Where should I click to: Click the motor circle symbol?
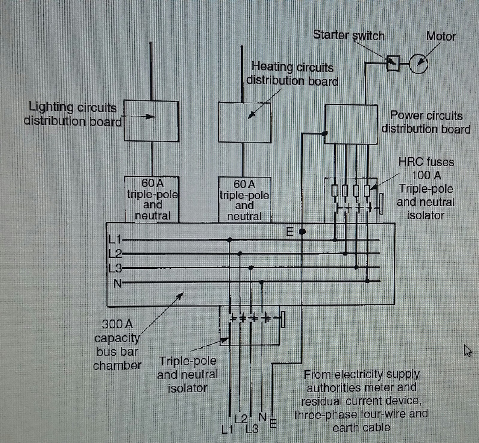coord(418,63)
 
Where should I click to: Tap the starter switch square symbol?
coord(393,63)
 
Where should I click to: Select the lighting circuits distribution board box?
coord(151,121)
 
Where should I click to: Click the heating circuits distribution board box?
coord(244,123)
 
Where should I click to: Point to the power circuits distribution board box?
coord(351,124)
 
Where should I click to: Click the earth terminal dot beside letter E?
coord(302,232)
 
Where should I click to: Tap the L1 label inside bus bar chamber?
coord(115,240)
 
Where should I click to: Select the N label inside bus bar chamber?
coord(117,283)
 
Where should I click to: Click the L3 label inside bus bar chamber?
coord(115,268)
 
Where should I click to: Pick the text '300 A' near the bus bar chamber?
coord(117,324)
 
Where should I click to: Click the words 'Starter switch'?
coord(349,35)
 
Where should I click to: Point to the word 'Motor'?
coord(441,37)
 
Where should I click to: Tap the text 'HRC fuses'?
coord(426,162)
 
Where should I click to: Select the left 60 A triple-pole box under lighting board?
coord(152,199)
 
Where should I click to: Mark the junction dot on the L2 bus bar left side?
coord(239,254)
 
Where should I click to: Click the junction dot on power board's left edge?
coord(324,133)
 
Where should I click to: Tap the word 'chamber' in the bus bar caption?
coord(117,365)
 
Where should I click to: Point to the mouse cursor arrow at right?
coord(467,350)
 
